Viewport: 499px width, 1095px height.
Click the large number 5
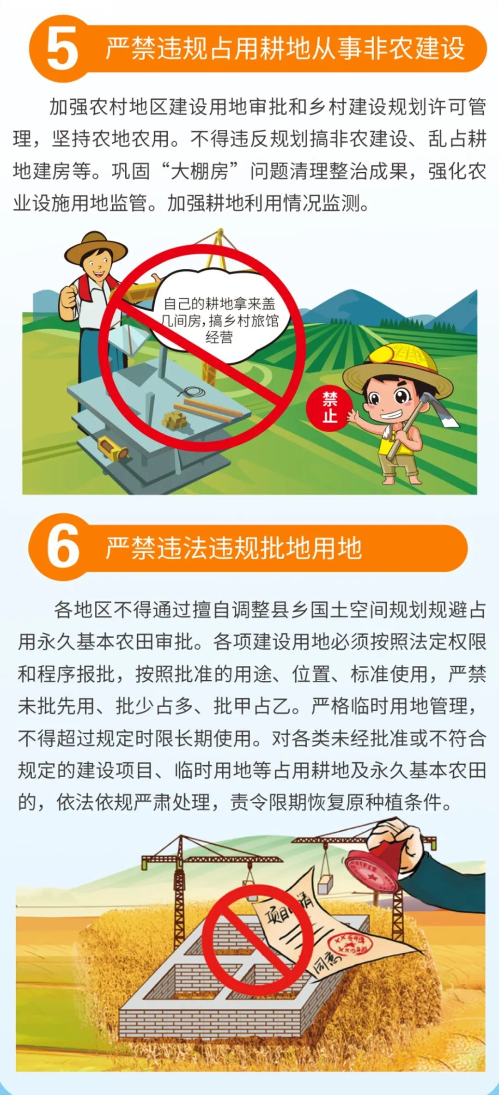(62, 49)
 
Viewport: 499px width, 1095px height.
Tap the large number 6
(63, 547)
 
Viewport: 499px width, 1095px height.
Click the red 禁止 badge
(330, 407)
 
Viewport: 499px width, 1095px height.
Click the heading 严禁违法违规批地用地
(234, 548)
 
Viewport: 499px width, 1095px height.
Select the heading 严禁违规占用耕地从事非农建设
(285, 48)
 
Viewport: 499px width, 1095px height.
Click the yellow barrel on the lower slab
(111, 447)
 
